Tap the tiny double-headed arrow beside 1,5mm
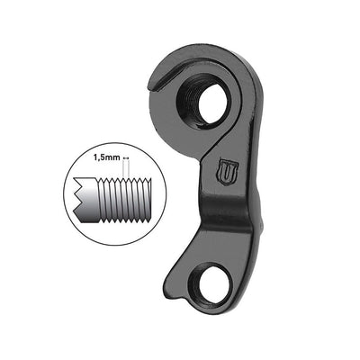127,156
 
